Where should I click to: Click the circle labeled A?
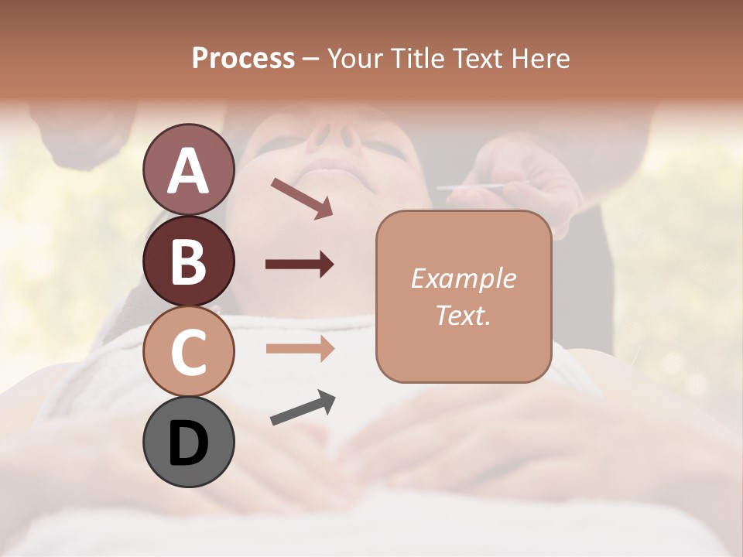click(x=188, y=170)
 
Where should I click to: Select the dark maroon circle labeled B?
click(x=188, y=261)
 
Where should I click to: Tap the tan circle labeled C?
click(x=188, y=351)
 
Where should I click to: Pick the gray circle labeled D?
click(x=188, y=442)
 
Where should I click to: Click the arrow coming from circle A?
click(x=302, y=197)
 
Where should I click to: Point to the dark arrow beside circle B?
click(x=300, y=265)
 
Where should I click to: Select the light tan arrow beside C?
click(x=300, y=348)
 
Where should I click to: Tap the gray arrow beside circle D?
click(x=303, y=408)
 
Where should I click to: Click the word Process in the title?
click(x=243, y=58)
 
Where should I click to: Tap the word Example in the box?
click(x=463, y=278)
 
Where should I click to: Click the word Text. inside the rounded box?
click(x=463, y=315)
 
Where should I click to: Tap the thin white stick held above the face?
click(x=480, y=186)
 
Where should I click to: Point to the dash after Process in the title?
click(x=311, y=60)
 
